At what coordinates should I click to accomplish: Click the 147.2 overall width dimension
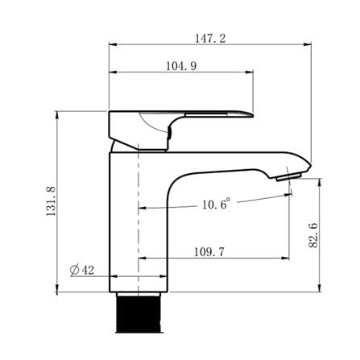(210, 39)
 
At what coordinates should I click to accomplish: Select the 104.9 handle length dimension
(181, 66)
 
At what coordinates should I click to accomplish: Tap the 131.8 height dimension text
(51, 201)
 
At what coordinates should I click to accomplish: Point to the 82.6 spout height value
(313, 235)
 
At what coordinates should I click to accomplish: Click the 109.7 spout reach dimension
(209, 252)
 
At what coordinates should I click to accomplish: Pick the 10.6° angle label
(217, 205)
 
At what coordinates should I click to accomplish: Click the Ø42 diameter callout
(82, 270)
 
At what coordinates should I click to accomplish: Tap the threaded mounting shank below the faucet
(139, 312)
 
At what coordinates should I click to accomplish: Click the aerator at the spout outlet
(288, 177)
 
